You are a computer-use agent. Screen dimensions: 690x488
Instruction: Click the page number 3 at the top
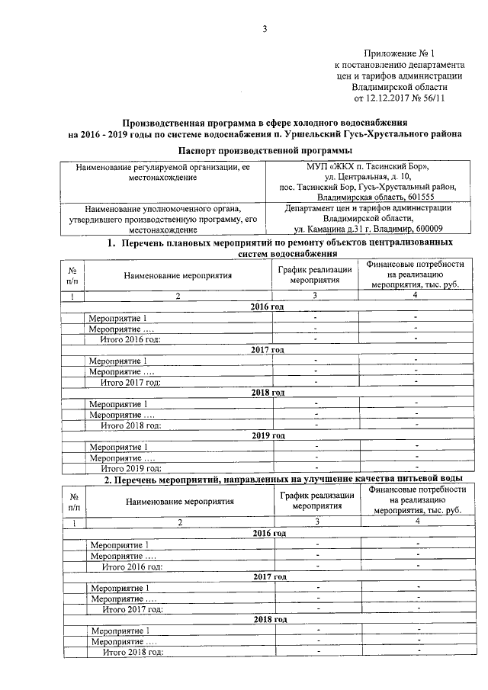point(265,30)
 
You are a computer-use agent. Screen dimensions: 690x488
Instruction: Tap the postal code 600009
point(435,228)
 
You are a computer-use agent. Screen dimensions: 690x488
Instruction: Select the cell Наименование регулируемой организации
point(163,166)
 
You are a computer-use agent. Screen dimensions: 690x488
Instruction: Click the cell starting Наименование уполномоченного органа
point(163,207)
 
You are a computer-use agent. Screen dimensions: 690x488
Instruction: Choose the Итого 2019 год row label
point(130,467)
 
